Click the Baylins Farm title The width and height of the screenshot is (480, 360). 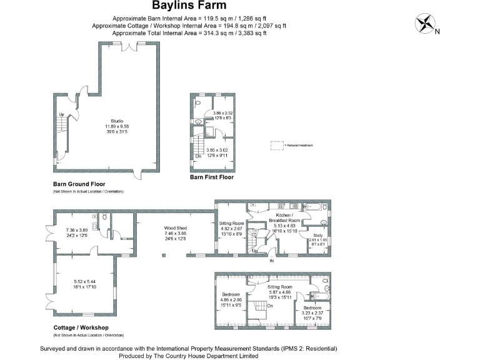pos(189,7)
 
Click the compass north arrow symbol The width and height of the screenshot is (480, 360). pos(425,24)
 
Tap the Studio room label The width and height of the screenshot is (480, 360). pos(117,121)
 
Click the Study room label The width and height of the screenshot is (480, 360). pos(317,236)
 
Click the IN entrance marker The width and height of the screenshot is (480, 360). pos(271,261)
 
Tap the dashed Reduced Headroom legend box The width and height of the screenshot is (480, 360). pos(277,145)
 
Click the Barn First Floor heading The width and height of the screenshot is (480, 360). pos(211,177)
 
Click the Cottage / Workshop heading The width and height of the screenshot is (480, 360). pos(81,327)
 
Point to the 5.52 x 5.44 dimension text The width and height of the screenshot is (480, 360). pos(84,281)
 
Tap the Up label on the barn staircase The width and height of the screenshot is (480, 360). pos(61,115)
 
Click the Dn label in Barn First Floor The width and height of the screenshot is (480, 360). pos(197,155)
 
